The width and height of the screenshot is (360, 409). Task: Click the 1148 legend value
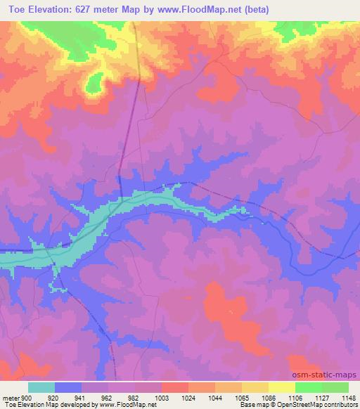coord(347,396)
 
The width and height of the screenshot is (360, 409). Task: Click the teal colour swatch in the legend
coord(41,387)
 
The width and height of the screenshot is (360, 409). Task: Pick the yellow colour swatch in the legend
coord(282,387)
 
